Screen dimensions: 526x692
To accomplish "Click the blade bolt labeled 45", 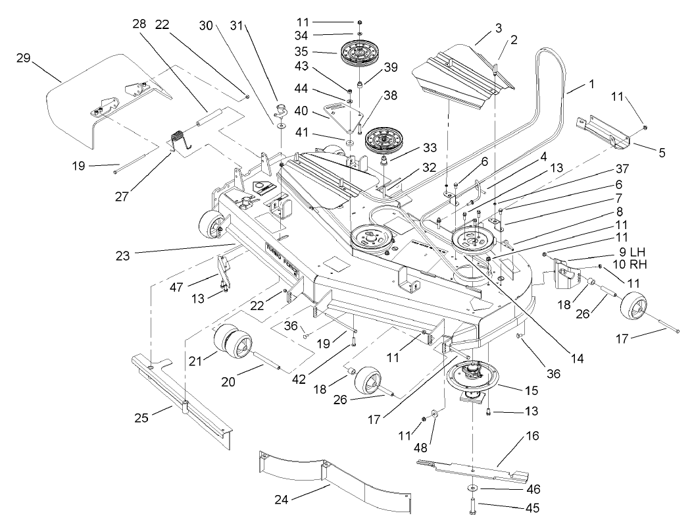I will point(472,508).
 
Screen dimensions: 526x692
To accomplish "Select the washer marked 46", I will point(472,488).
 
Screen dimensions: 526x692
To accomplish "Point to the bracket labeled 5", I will point(604,131).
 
